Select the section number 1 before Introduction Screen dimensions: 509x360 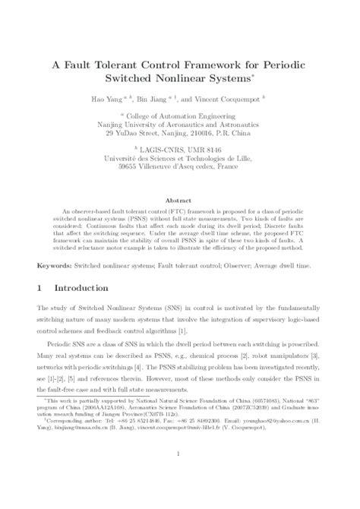pyautogui.click(x=40, y=289)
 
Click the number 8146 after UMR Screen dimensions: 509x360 pyautogui.click(x=216, y=150)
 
